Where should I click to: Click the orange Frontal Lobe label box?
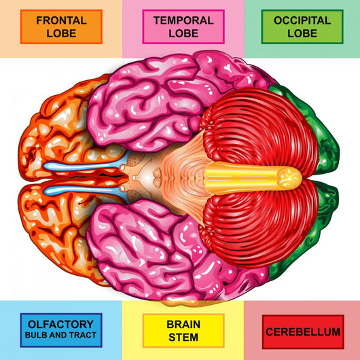tap(61, 26)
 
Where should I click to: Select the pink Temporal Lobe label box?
tap(183, 26)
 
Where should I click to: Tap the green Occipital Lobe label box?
tap(302, 26)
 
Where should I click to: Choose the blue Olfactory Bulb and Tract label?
tap(61, 330)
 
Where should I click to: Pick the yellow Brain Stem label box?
tap(183, 331)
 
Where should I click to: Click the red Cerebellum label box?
tap(303, 332)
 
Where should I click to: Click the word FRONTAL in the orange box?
tap(61, 20)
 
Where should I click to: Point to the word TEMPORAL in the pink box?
tap(183, 20)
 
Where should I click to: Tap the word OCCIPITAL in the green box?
tap(302, 20)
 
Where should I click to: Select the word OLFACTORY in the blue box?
tap(60, 325)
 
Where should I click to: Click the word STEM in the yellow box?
tap(183, 338)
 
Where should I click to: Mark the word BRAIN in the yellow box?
tap(183, 325)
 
